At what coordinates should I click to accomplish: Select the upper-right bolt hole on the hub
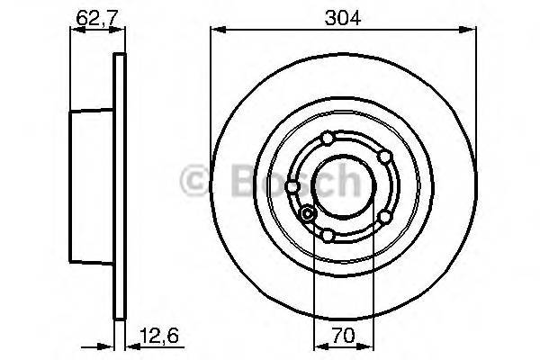coord(384,157)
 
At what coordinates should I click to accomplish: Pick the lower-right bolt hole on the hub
coord(384,217)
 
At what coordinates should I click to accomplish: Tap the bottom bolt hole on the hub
coord(328,236)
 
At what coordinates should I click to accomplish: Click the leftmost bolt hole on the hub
coord(293,186)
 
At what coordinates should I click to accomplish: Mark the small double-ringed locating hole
coord(309,213)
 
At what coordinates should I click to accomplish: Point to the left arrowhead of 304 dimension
coord(216,30)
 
